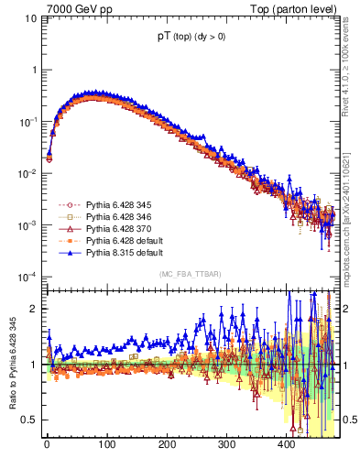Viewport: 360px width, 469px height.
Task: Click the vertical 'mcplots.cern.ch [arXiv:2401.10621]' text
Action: [x=351, y=206]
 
